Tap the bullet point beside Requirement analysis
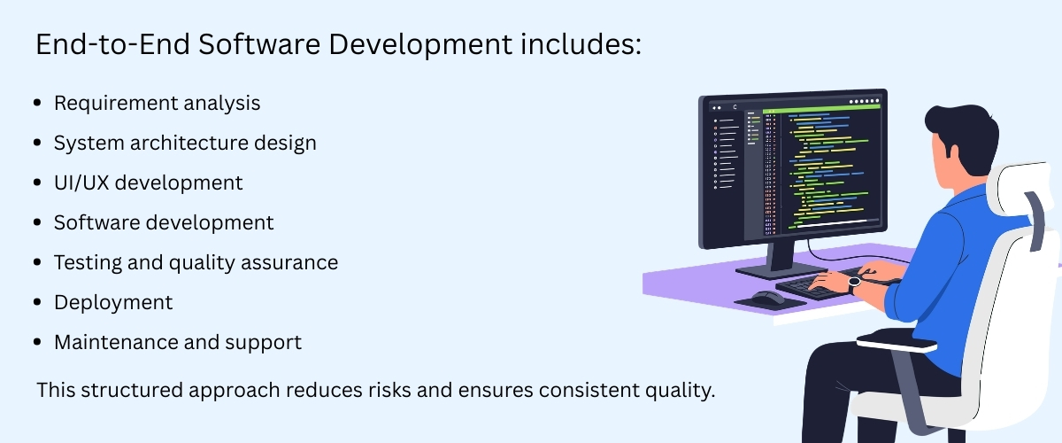pos(37,104)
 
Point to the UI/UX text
pos(84,183)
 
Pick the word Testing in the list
pos(85,262)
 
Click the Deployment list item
pos(113,302)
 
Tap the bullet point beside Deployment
pos(37,302)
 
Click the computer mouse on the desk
pos(767,296)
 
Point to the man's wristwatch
pos(854,284)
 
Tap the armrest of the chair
pos(896,341)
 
